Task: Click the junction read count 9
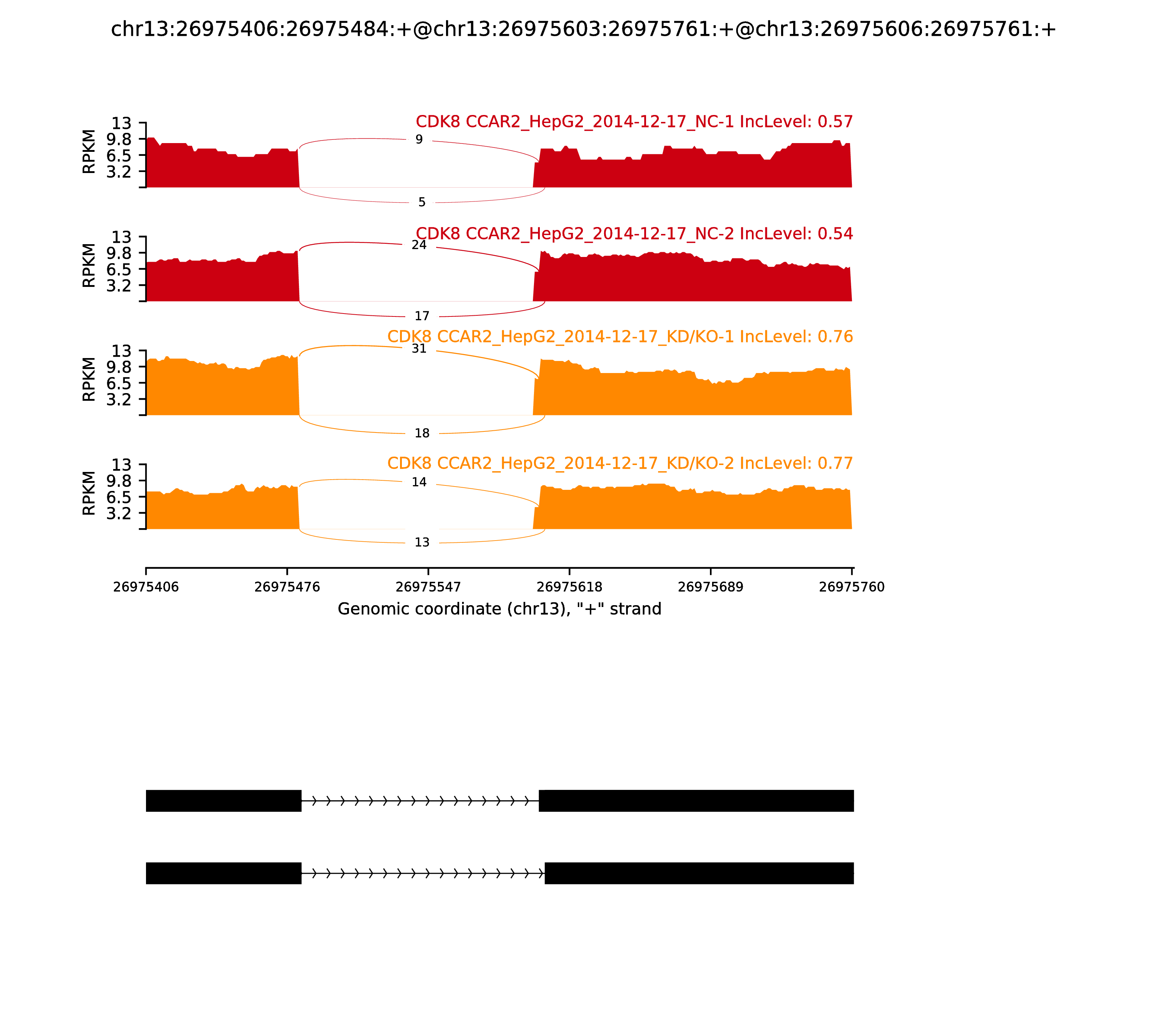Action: [419, 140]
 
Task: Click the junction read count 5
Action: [422, 203]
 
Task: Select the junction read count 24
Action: [419, 245]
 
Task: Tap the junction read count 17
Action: [422, 316]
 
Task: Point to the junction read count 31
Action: [419, 349]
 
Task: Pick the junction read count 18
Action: [422, 434]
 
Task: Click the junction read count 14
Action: [419, 483]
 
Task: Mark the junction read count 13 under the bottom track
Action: [422, 542]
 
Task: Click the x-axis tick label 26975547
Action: [428, 587]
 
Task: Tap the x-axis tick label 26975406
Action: [146, 587]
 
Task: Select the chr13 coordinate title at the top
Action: [583, 29]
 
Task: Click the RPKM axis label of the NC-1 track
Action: [89, 152]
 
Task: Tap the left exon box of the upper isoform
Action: [223, 801]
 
